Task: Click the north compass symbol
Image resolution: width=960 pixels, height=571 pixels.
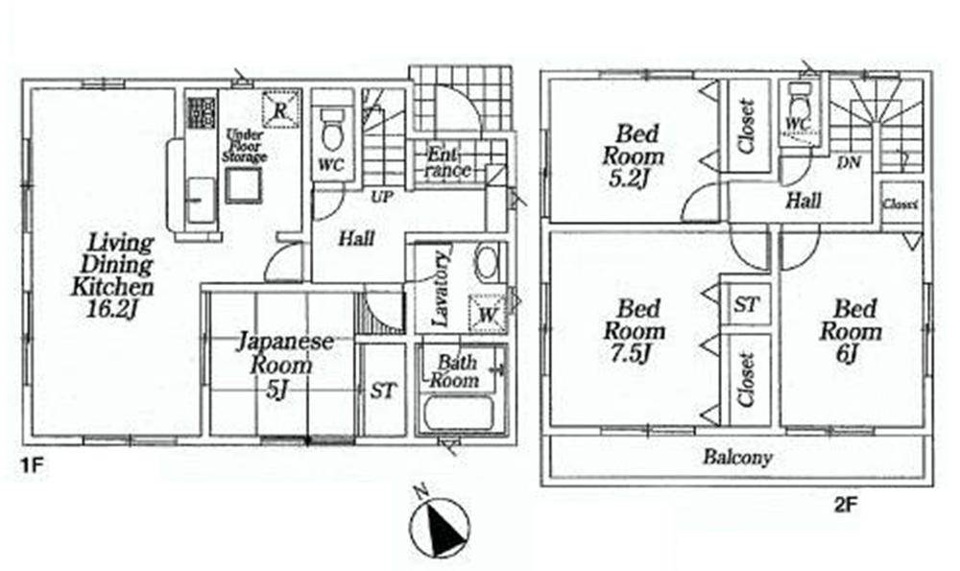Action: (x=441, y=526)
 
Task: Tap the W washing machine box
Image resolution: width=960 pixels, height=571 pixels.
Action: (x=485, y=312)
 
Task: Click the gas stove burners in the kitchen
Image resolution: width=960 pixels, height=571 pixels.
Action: (x=202, y=114)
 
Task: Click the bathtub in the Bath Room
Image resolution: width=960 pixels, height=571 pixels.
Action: (x=457, y=416)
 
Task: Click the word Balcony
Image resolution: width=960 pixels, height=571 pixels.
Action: (x=737, y=459)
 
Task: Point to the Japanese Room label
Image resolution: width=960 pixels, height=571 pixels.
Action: (x=284, y=353)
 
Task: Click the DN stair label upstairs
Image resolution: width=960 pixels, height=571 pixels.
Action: (x=849, y=162)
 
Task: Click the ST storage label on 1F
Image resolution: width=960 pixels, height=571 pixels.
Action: (x=383, y=392)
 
